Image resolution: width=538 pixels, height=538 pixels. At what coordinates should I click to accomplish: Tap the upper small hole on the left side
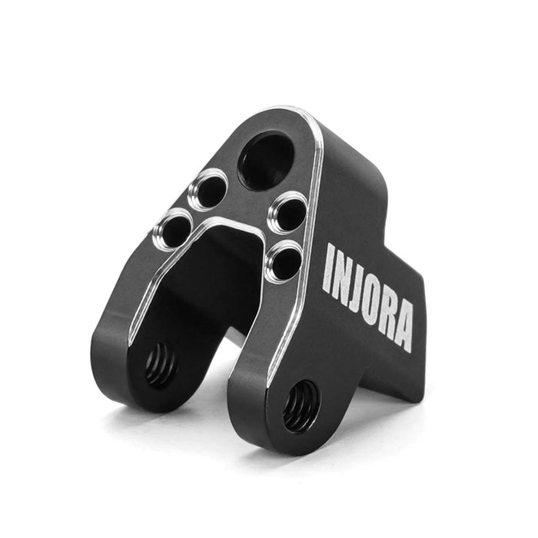click(x=208, y=190)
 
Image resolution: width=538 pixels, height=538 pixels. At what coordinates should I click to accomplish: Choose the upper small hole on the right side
click(x=289, y=212)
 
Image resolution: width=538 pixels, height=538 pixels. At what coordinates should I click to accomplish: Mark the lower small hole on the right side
click(x=284, y=261)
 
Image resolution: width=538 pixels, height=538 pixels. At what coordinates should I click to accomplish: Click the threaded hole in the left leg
click(x=161, y=364)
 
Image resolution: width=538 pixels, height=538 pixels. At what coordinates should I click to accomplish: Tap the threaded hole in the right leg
click(x=301, y=406)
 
